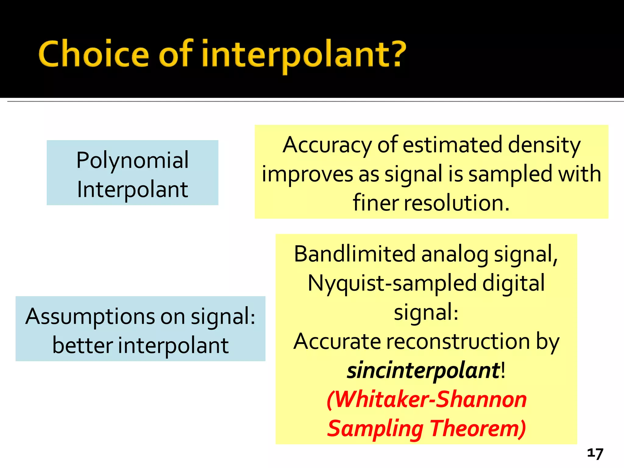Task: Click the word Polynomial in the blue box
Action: [132, 160]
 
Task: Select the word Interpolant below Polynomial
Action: [132, 190]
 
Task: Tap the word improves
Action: [307, 174]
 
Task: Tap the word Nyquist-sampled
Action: [392, 283]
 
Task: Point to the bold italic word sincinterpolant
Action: [423, 370]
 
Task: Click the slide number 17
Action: [595, 453]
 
